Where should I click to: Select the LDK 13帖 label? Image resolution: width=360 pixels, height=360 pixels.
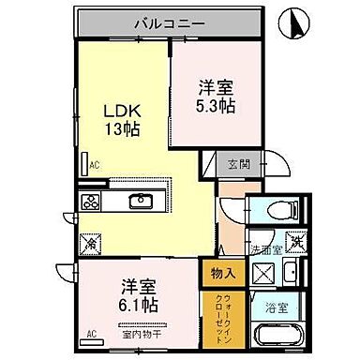coord(121,117)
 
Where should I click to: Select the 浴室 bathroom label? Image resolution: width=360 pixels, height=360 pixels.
coord(277,306)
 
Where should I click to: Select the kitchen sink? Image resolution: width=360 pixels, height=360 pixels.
coord(143,201)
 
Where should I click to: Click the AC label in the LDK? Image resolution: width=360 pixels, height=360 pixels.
coord(94,166)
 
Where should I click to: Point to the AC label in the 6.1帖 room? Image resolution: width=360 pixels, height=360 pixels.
coord(92,334)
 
